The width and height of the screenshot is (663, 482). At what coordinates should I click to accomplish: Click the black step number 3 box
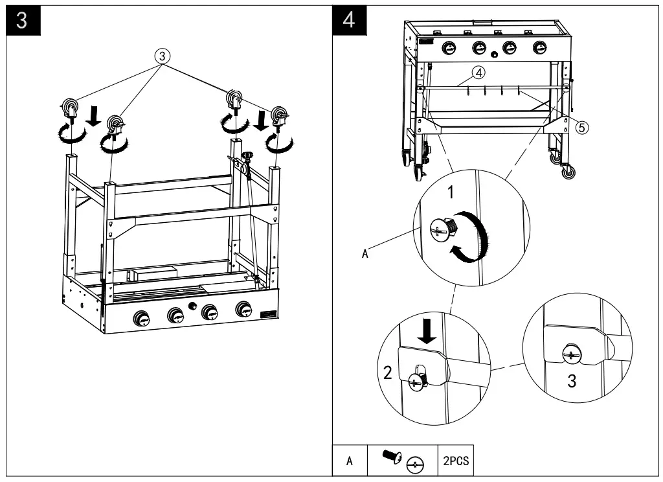(x=21, y=19)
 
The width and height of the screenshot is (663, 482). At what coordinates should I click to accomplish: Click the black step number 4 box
(x=349, y=19)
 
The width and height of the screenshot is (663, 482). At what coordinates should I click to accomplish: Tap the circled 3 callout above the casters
(x=164, y=56)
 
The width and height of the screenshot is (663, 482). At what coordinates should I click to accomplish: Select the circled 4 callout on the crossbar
(x=478, y=73)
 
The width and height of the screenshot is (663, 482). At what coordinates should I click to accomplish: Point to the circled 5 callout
(x=582, y=127)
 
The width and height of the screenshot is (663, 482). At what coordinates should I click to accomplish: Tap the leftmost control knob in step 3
(x=140, y=317)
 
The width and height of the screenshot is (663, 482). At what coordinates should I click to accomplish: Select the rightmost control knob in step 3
(x=244, y=308)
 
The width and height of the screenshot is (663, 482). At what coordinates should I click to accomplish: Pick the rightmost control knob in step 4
(x=539, y=48)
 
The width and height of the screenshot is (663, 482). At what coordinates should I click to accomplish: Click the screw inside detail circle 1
(x=442, y=227)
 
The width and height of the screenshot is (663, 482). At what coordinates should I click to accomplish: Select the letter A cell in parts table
(x=350, y=462)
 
